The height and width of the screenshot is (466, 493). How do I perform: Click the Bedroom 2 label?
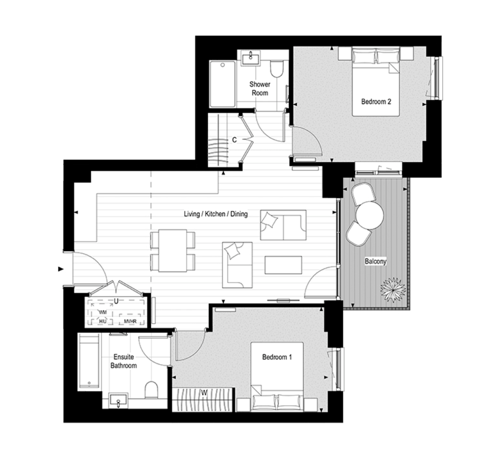376,102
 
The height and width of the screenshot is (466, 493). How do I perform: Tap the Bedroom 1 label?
277,357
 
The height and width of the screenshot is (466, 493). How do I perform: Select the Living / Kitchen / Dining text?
216,214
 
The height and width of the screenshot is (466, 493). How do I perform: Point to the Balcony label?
375,261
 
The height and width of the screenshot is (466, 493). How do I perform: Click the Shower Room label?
260,89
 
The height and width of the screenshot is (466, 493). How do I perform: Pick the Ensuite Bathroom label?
123,361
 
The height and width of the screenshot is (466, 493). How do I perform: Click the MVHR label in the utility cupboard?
130,322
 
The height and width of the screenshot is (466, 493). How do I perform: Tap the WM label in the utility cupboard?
103,312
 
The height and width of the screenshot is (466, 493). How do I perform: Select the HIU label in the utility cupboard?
103,321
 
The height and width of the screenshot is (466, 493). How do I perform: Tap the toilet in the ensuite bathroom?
151,390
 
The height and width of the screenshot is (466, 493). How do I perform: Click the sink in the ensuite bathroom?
118,400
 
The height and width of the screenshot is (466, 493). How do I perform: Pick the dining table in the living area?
173,250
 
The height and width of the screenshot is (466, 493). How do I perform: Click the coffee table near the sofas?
283,265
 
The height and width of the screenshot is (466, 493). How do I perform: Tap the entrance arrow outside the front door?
61,269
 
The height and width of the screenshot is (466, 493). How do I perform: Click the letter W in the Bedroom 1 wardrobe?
204,393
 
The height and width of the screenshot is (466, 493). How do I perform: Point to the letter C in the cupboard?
234,140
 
